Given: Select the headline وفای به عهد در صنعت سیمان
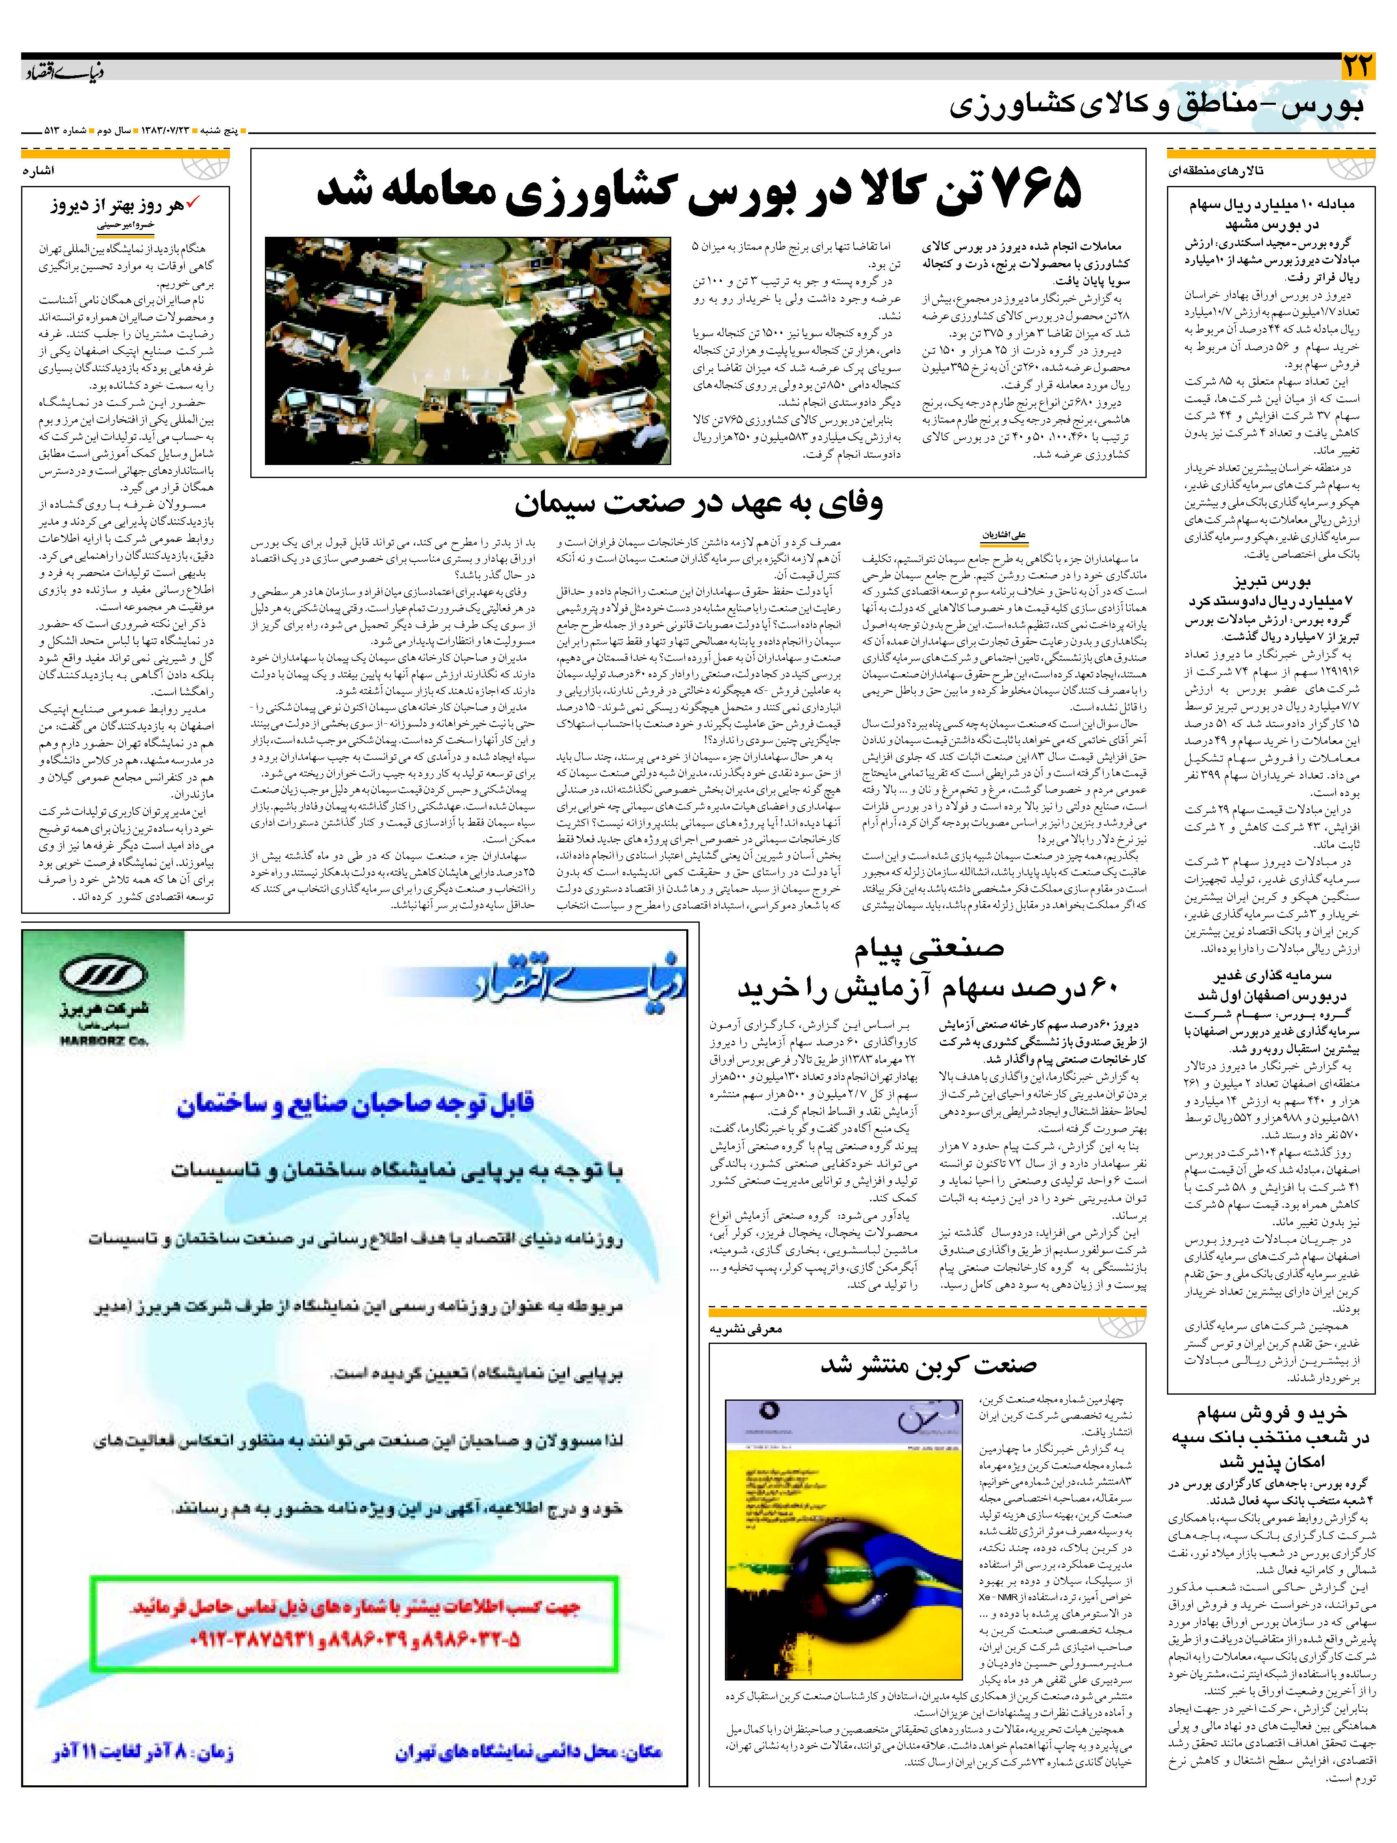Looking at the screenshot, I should (x=698, y=502).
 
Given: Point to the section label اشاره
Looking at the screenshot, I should (x=39, y=171).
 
